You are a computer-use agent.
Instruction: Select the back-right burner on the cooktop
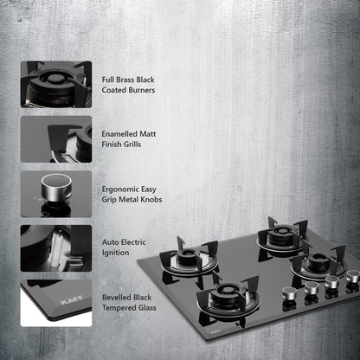(x=279, y=235)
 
